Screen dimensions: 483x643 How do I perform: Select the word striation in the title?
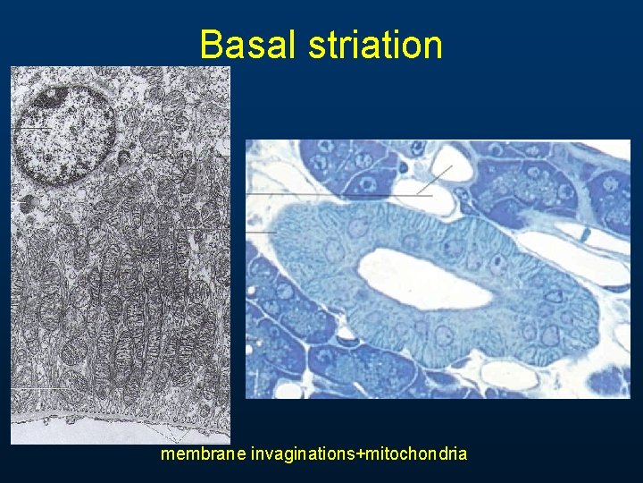(x=375, y=45)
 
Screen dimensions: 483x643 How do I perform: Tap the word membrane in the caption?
(x=203, y=454)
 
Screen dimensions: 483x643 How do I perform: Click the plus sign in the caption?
(x=359, y=454)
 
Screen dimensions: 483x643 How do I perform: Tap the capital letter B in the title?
(x=211, y=45)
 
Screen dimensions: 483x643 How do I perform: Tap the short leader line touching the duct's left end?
(x=261, y=232)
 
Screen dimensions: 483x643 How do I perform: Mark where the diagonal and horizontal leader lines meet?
(x=419, y=194)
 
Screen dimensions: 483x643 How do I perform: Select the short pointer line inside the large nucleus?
(x=36, y=129)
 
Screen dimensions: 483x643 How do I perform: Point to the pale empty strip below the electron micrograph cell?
(x=116, y=430)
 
